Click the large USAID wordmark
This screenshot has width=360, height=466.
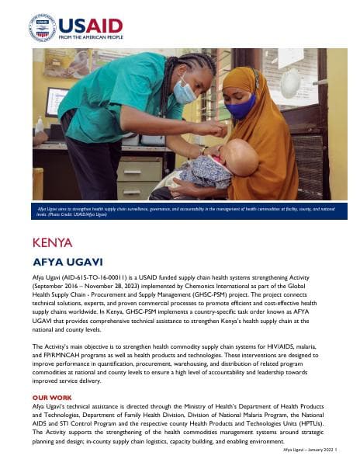coord(90,23)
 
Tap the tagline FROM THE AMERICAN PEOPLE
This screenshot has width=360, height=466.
coord(91,37)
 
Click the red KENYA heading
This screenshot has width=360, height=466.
coord(54,242)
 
